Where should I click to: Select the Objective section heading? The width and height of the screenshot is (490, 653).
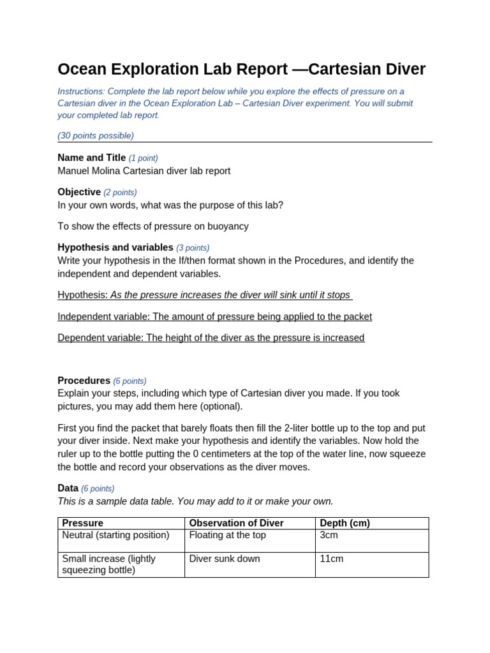pos(79,192)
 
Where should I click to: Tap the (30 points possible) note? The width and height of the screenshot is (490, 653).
pos(96,135)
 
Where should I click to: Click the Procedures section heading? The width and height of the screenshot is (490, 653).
pos(84,381)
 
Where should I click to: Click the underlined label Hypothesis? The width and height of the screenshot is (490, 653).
pos(82,295)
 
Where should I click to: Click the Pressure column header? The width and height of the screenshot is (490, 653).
pos(82,524)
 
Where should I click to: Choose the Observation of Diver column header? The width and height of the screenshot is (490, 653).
pos(236,524)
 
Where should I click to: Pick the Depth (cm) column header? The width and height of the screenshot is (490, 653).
pos(345,524)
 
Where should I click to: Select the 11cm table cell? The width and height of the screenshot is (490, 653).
pos(331,559)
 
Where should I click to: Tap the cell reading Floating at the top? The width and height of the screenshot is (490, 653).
pos(227,536)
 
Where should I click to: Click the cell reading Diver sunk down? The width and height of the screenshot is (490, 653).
pos(225,559)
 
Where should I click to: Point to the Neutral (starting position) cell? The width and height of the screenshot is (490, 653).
pos(115,536)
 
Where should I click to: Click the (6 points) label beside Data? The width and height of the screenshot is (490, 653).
pos(98,488)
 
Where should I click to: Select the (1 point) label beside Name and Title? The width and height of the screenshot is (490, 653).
pos(143,158)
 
